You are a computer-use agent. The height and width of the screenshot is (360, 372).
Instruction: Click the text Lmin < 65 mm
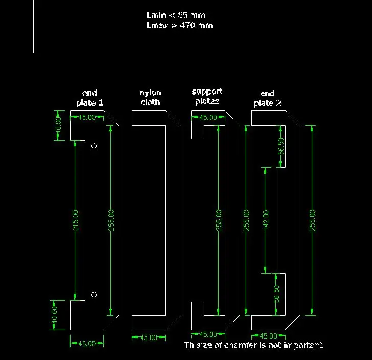coord(176,15)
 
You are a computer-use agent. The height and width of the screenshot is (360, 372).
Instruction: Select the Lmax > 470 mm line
coord(179,25)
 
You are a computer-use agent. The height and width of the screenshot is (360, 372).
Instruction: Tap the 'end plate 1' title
coord(89,98)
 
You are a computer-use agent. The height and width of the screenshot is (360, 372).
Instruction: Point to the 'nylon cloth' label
coord(150,97)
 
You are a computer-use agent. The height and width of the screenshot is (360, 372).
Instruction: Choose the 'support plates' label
coord(207,97)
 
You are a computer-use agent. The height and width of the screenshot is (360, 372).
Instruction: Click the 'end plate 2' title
coord(267,98)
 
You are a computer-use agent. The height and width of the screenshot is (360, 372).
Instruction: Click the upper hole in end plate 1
coord(94,146)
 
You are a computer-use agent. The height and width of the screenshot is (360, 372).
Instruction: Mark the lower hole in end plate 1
coord(94,295)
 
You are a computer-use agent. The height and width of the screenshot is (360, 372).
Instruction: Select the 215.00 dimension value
coord(75,220)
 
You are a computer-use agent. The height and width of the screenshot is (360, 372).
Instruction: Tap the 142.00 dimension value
coord(266,220)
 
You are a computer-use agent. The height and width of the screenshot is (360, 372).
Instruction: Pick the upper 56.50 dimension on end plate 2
coord(281,146)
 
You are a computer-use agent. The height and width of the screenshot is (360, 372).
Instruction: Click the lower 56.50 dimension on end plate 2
coord(276,294)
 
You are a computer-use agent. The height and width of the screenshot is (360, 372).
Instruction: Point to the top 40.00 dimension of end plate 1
coord(58,125)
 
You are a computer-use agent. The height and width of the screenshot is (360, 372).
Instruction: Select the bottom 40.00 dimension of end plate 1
coord(54,315)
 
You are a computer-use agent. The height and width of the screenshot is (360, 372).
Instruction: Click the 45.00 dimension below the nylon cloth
coord(149,337)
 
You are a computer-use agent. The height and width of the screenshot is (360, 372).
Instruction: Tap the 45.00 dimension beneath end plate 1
coord(87,344)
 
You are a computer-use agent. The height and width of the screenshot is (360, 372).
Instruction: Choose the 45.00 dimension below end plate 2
coord(268,336)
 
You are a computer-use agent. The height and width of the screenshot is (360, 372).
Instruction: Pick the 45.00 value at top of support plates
coord(208,117)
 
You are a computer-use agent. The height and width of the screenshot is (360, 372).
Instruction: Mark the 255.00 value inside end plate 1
coord(111,220)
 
